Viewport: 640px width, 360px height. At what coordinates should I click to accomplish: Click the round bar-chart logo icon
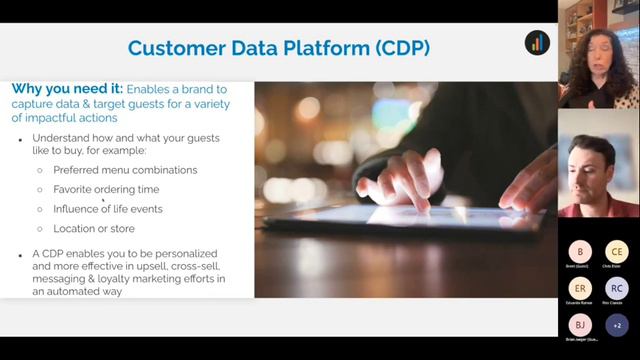(537, 43)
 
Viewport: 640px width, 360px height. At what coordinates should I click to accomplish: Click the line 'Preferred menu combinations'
(125, 170)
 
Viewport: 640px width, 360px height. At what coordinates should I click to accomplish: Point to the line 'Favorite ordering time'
(106, 189)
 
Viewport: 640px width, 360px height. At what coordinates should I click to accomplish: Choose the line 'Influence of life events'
(107, 209)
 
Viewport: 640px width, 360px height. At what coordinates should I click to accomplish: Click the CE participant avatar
(617, 251)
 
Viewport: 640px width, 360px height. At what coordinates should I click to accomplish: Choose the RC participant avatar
(617, 288)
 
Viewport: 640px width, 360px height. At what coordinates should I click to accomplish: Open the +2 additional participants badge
(617, 325)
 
